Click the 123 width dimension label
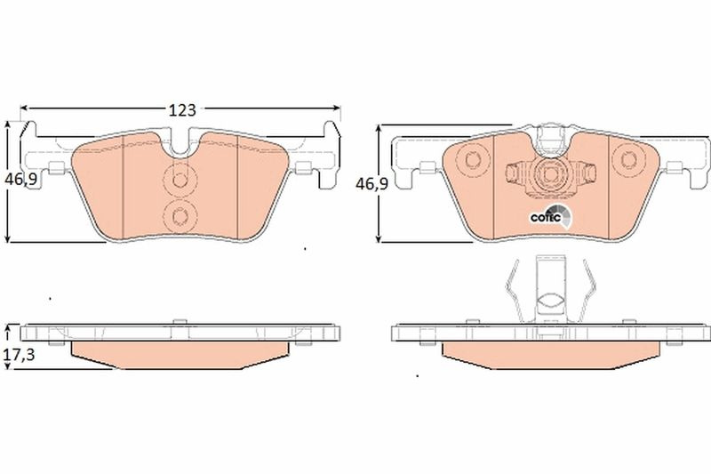coord(182,110)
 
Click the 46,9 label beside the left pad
coord(20,180)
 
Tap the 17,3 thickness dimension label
coord(20,355)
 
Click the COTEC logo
coord(551,217)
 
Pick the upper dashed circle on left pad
coord(180,180)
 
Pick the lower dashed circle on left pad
coord(180,216)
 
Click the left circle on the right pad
coord(472,160)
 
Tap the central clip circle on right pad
coord(550,174)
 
